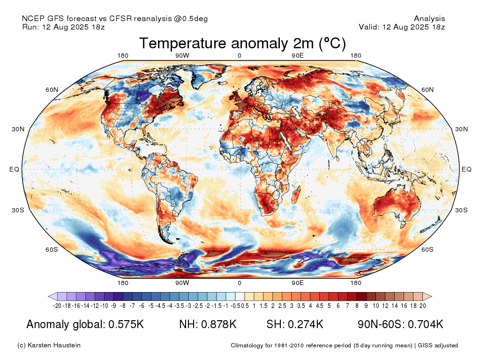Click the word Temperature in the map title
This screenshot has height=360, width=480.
(x=183, y=43)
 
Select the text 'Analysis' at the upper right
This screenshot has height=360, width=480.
(x=429, y=19)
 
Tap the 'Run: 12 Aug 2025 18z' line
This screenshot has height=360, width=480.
(x=63, y=27)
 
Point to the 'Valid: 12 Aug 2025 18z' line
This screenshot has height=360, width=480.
(x=402, y=27)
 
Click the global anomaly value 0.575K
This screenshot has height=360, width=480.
(x=126, y=324)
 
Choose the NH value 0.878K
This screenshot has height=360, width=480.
(x=218, y=324)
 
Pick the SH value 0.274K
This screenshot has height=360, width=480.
(x=305, y=324)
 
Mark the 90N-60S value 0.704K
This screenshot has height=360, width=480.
(x=426, y=324)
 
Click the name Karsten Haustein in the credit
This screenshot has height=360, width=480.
(x=54, y=345)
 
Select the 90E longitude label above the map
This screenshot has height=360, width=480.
(x=298, y=55)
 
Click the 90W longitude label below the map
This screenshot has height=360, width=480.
(x=182, y=283)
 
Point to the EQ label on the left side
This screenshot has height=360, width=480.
(x=15, y=169)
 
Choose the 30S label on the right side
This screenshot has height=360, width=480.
(x=461, y=210)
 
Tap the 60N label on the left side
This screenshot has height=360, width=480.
(x=52, y=90)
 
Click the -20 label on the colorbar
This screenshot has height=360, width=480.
(x=57, y=306)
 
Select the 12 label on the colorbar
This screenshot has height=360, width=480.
(x=385, y=306)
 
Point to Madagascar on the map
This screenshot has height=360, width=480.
(x=296, y=195)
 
